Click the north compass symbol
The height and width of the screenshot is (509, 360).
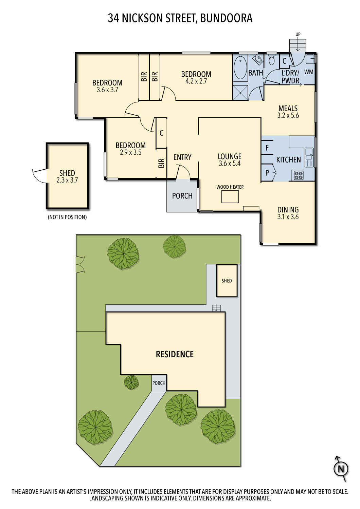click(341, 469)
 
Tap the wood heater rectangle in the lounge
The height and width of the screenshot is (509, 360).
click(230, 196)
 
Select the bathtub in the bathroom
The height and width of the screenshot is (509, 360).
click(240, 68)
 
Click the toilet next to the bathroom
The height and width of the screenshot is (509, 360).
click(271, 60)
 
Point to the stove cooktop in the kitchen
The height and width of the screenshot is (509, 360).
click(299, 175)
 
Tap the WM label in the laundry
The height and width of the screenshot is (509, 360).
click(309, 72)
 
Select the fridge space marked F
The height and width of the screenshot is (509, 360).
click(267, 148)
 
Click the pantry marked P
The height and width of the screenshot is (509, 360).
click(267, 173)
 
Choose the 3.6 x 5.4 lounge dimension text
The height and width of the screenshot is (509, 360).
click(230, 164)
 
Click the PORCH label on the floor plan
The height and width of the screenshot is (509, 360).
click(182, 196)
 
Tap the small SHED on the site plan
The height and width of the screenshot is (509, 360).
click(227, 281)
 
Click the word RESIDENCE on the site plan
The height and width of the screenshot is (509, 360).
click(175, 354)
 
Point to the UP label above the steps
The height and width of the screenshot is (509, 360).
click(298, 34)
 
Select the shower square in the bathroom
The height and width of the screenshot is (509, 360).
click(240, 93)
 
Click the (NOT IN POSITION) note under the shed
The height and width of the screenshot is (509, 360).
click(67, 217)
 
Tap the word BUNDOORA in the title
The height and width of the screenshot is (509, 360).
click(226, 18)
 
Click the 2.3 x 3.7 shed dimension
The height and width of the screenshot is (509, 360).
click(67, 180)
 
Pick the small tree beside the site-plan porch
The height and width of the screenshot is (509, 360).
click(131, 382)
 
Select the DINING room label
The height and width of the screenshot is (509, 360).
click(288, 210)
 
